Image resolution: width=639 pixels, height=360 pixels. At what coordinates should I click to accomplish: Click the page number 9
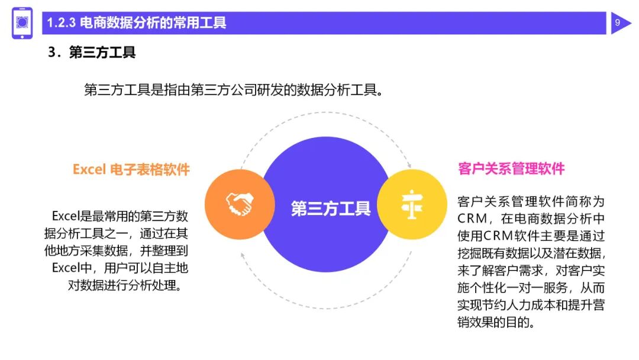pyautogui.click(x=617, y=23)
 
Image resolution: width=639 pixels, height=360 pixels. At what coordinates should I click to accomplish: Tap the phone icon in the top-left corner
pyautogui.click(x=22, y=23)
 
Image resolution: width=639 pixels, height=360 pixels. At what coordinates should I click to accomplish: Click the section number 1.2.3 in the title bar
pyautogui.click(x=61, y=23)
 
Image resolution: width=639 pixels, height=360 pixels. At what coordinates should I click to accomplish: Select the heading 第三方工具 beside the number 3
pyautogui.click(x=102, y=52)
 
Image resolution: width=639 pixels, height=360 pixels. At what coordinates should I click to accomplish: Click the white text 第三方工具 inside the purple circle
pyautogui.click(x=331, y=208)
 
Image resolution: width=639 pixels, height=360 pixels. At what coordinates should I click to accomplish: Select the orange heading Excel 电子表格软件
pyautogui.click(x=131, y=169)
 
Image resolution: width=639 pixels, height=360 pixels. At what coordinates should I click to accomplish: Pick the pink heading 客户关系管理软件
pyautogui.click(x=511, y=169)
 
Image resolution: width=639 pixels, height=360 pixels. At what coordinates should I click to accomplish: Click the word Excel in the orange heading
pyautogui.click(x=89, y=169)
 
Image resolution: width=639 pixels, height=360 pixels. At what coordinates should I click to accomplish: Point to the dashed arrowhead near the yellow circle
pyautogui.click(x=408, y=164)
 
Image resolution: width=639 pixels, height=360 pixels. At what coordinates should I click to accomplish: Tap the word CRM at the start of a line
pyautogui.click(x=471, y=218)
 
